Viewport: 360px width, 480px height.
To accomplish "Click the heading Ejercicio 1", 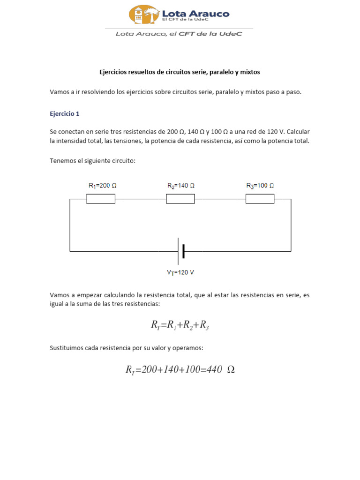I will (x=65, y=113).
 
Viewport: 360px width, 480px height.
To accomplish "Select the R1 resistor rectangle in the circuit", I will (x=101, y=199).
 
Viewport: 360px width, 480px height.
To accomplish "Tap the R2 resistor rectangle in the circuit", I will (x=180, y=199).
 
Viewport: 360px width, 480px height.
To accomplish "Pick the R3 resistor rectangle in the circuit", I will (x=260, y=199).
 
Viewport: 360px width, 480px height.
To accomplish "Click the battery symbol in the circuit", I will (x=181, y=251).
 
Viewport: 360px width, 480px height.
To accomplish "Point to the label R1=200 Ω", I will (x=102, y=186).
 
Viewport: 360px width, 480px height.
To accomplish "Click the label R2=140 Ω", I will (x=180, y=186).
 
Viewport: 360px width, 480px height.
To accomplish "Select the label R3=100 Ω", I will (x=260, y=186).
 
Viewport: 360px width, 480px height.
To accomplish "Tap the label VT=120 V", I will (x=180, y=272).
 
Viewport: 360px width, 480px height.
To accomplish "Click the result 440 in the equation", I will (x=214, y=370).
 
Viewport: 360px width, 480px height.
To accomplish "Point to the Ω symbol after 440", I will (x=231, y=370).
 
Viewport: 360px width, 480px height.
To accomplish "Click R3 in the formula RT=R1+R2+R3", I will (x=204, y=325).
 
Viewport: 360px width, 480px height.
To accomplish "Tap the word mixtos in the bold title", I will (x=249, y=72).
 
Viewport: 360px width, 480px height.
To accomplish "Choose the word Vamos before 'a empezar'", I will (x=59, y=295).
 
